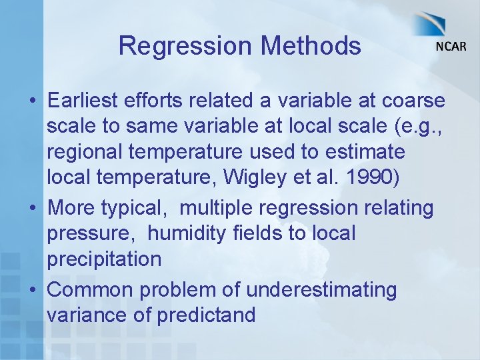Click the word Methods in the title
pos(311,47)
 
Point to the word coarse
pos(413,100)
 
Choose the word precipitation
pos(104,259)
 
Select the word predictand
pos(206,315)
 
